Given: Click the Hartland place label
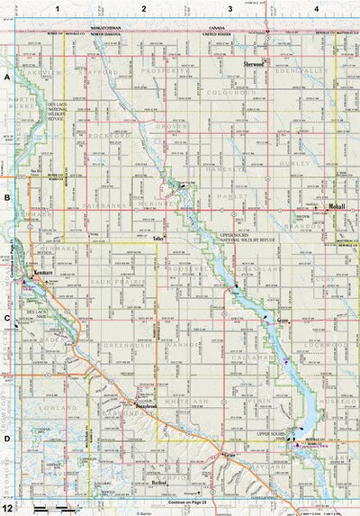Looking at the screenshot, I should point(160,484).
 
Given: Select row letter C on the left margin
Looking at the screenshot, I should point(6,317).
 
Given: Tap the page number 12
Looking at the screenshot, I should point(7,509).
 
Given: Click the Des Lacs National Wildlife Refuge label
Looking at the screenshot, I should point(59,113).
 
